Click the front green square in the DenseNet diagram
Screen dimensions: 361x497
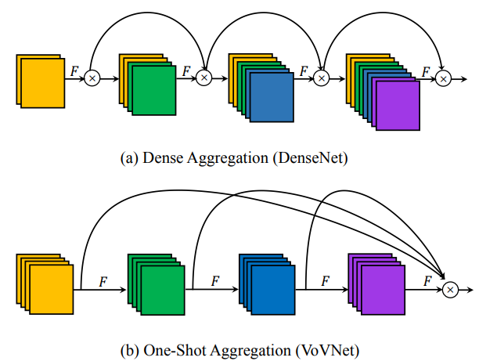pos(155,89)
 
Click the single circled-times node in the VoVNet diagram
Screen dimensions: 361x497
pos(450,290)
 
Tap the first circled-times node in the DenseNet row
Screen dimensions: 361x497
pos(92,78)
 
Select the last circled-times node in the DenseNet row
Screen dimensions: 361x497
pos(444,78)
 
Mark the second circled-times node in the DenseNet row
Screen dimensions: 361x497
pos(203,78)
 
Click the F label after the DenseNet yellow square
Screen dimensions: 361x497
pos(74,70)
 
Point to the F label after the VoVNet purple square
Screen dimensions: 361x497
pos(427,279)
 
